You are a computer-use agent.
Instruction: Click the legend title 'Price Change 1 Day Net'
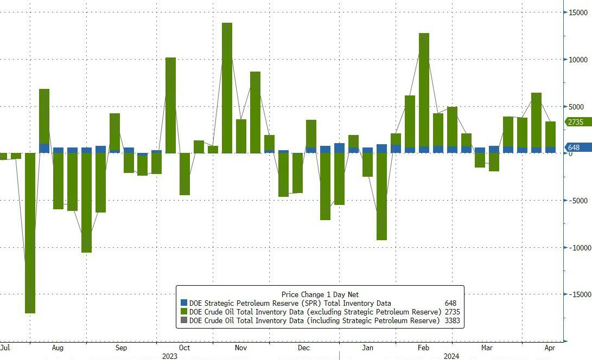tap(320, 294)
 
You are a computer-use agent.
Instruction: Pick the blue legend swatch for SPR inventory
tap(183, 304)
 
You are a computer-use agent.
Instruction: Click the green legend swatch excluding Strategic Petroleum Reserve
tap(183, 312)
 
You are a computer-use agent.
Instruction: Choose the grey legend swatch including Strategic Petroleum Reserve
tap(183, 321)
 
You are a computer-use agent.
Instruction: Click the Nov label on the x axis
tap(241, 348)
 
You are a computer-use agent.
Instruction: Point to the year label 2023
tap(170, 356)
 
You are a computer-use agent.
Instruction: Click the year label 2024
tap(451, 356)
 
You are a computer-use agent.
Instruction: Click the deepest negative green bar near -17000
tap(30, 233)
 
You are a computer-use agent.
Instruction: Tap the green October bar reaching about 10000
tap(170, 105)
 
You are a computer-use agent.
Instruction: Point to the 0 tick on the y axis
tap(571, 153)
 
